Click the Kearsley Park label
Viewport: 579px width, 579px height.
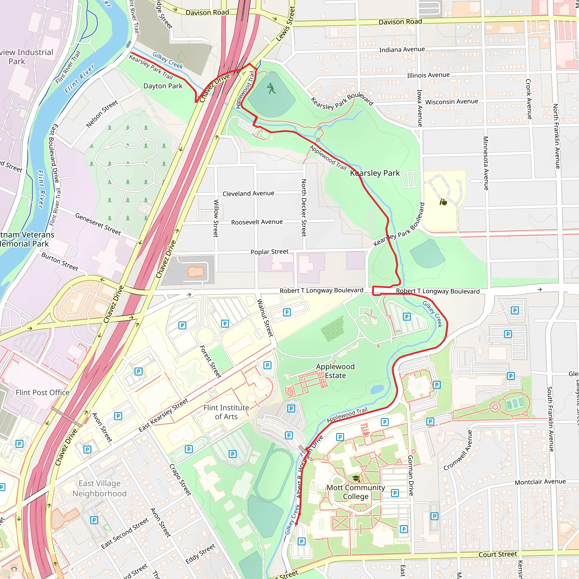(x=375, y=173)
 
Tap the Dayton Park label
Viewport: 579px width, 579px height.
(x=163, y=86)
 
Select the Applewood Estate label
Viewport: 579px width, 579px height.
(x=335, y=371)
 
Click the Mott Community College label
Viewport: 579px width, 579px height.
(x=355, y=492)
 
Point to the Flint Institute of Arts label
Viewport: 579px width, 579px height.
(x=226, y=412)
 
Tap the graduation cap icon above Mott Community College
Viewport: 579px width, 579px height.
(x=356, y=479)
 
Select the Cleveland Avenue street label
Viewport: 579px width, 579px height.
(x=248, y=194)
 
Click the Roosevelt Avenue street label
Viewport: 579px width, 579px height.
(x=257, y=222)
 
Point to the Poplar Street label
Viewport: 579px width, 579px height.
(x=269, y=252)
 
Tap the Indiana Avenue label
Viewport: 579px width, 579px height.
(x=402, y=49)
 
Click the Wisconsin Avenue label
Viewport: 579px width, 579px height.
(x=451, y=102)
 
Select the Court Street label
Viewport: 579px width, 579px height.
(x=498, y=554)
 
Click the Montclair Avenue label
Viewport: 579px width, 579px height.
(x=540, y=482)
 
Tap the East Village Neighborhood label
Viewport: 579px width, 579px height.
(x=100, y=489)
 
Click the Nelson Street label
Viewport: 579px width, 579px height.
(x=102, y=114)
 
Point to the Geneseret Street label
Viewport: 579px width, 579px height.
(x=98, y=224)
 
